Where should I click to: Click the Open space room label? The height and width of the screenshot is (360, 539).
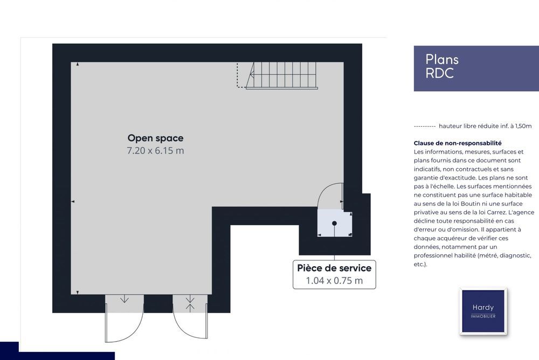coord(155,138)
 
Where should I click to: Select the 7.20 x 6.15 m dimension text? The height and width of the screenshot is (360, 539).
coord(155,150)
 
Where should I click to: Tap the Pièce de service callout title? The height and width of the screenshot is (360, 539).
coord(334,268)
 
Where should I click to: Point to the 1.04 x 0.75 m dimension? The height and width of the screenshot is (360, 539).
coord(334,281)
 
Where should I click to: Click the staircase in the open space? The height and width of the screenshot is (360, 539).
coord(281,75)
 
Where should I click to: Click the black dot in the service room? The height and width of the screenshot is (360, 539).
coord(334,224)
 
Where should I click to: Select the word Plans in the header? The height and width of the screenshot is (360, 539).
coord(442,59)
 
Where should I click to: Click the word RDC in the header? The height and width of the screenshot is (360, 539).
coord(440,73)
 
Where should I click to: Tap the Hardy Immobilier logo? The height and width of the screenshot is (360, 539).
coord(483,311)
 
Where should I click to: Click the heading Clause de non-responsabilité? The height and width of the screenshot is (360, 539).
coord(458,143)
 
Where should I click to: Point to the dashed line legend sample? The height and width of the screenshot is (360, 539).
coord(425,127)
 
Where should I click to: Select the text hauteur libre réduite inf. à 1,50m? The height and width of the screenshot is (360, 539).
coord(485,126)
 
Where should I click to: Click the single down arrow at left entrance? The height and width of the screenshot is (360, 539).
coord(125,299)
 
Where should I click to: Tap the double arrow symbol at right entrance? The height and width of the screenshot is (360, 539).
coord(190,304)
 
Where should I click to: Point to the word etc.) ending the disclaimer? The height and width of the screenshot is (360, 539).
coord(420,265)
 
